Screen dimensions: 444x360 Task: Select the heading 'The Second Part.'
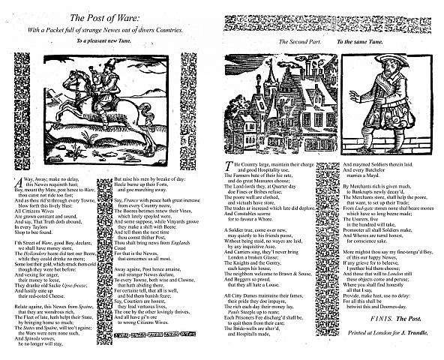pyautogui.click(x=298, y=42)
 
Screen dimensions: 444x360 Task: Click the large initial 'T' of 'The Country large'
pyautogui.click(x=229, y=164)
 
